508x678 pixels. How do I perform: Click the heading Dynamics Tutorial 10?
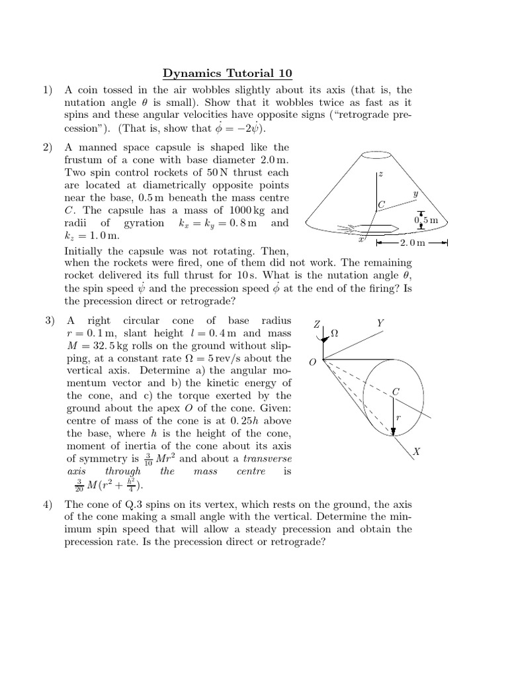[227, 73]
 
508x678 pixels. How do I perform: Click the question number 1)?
[47, 90]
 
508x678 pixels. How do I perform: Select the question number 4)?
[47, 505]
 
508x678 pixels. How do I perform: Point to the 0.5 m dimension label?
[426, 219]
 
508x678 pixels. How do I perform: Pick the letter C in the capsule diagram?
[381, 206]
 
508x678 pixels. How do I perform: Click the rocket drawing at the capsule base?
[370, 228]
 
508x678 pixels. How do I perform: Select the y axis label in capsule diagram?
[415, 194]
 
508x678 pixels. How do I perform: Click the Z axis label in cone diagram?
[317, 324]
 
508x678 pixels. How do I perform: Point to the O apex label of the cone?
[312, 362]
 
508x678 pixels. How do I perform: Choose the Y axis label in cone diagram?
[380, 322]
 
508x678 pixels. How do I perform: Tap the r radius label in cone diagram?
[398, 418]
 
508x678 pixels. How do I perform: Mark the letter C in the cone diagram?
[396, 391]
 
